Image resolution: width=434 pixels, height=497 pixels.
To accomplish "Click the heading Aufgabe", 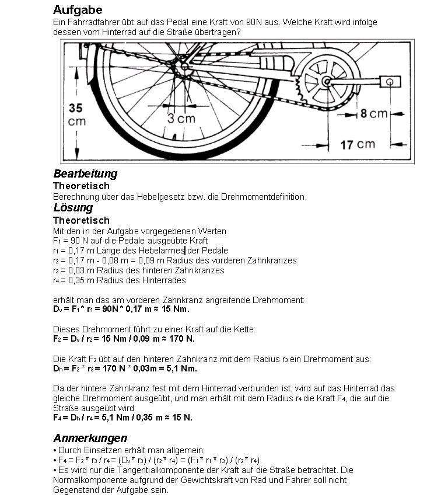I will pos(77,10).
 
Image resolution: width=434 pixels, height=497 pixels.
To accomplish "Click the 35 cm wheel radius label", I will pos(76,114).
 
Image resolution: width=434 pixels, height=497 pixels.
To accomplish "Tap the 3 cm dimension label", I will pos(182,118).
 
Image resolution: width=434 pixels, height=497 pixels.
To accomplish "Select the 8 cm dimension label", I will pos(373,113).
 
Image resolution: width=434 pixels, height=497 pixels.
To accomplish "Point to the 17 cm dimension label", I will pos(358,144).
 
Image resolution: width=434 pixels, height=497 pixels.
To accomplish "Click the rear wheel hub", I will pos(185,67).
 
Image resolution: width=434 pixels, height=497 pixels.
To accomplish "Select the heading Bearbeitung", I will pos(85,173).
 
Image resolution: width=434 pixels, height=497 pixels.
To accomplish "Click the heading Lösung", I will pos(73,207).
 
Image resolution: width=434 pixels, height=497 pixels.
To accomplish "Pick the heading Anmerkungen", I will pos(90,438).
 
